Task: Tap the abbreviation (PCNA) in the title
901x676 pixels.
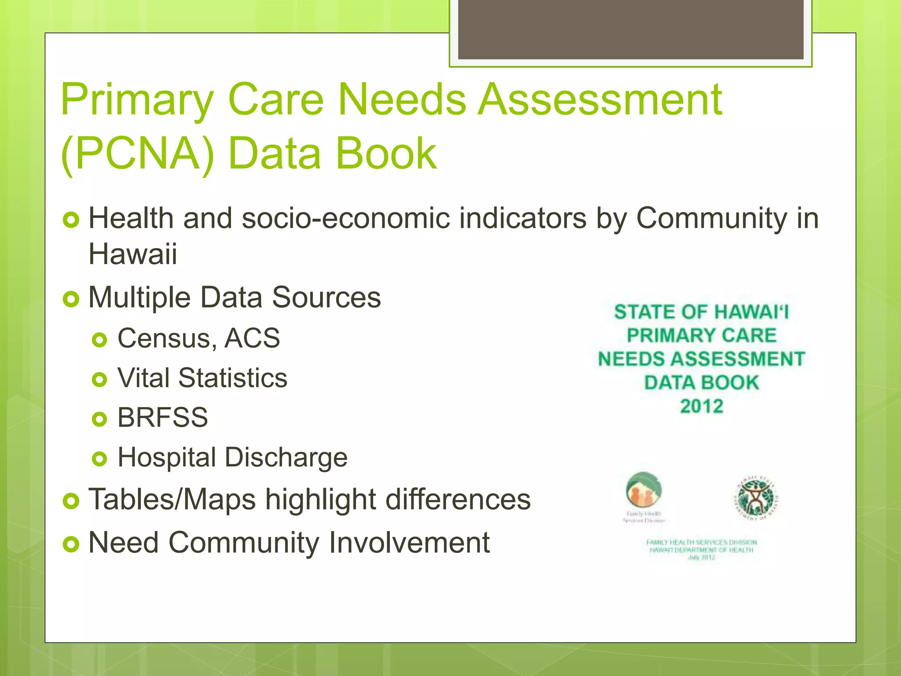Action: click(138, 154)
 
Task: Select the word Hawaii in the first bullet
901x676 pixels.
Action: click(133, 254)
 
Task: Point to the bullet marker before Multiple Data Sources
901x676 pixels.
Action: click(71, 299)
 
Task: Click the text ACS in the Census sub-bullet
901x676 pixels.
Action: click(252, 338)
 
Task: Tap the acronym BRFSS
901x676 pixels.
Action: click(163, 417)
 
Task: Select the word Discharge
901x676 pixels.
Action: click(286, 457)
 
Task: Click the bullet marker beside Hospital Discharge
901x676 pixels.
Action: click(100, 459)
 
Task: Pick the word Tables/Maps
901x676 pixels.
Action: click(172, 500)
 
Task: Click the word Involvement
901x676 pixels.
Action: click(409, 542)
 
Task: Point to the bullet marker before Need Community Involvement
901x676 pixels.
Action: click(71, 544)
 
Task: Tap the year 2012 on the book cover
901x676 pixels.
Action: click(702, 406)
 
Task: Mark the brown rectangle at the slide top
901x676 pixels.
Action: click(630, 30)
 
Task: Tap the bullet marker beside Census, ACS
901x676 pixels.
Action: click(100, 340)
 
